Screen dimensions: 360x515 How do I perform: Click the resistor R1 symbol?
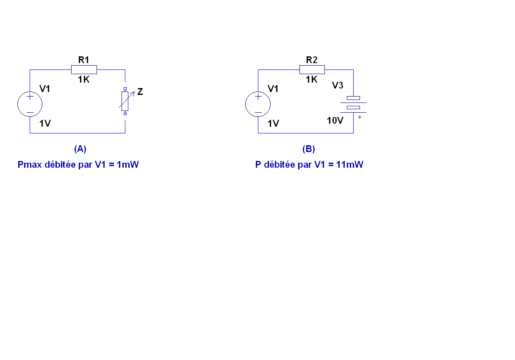84,70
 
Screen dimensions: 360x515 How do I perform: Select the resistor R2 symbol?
312,70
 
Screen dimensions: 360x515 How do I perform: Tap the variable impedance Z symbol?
125,101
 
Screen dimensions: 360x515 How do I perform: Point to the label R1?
84,60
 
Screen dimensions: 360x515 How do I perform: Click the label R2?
312,60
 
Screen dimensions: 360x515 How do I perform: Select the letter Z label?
140,91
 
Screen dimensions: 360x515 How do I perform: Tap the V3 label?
338,86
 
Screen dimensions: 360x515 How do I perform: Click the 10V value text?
335,121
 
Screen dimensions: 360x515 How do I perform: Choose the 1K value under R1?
84,80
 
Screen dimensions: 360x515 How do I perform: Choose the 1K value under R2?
312,80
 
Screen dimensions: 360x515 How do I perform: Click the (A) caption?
80,149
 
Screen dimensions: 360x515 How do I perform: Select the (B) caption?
309,149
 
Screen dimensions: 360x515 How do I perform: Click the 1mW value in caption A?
127,165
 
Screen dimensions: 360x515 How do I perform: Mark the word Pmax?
30,165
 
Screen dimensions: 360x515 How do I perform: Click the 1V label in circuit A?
45,124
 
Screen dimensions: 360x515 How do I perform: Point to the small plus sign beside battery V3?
360,117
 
